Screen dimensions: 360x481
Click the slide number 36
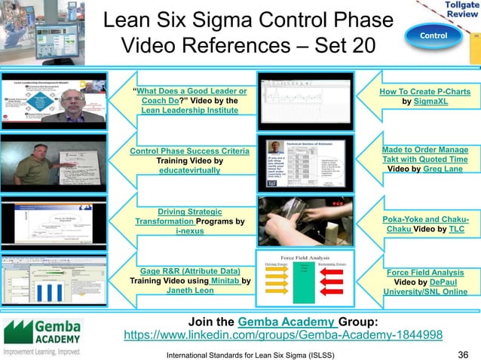pyautogui.click(x=464, y=353)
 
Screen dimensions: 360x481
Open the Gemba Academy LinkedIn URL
pyautogui.click(x=282, y=334)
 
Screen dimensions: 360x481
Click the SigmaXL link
pyautogui.click(x=436, y=101)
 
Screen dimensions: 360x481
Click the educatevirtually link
pyautogui.click(x=190, y=171)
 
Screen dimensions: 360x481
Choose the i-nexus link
pyautogui.click(x=189, y=231)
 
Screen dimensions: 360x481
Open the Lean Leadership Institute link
pyautogui.click(x=189, y=110)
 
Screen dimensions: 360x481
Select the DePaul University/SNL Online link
pyautogui.click(x=425, y=291)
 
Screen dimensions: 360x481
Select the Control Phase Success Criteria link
pyautogui.click(x=189, y=151)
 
